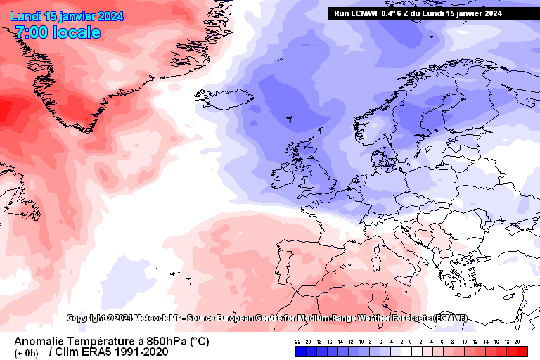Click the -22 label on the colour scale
(x=297, y=340)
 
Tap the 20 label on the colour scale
(x=517, y=340)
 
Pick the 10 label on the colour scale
(x=466, y=340)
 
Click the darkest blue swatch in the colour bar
(x=297, y=351)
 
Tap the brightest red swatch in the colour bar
(x=522, y=351)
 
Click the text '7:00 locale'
(x=57, y=32)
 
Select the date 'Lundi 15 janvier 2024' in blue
(x=66, y=16)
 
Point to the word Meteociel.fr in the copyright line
(x=144, y=318)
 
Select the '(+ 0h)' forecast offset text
(x=27, y=352)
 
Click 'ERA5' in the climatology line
(x=96, y=352)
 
